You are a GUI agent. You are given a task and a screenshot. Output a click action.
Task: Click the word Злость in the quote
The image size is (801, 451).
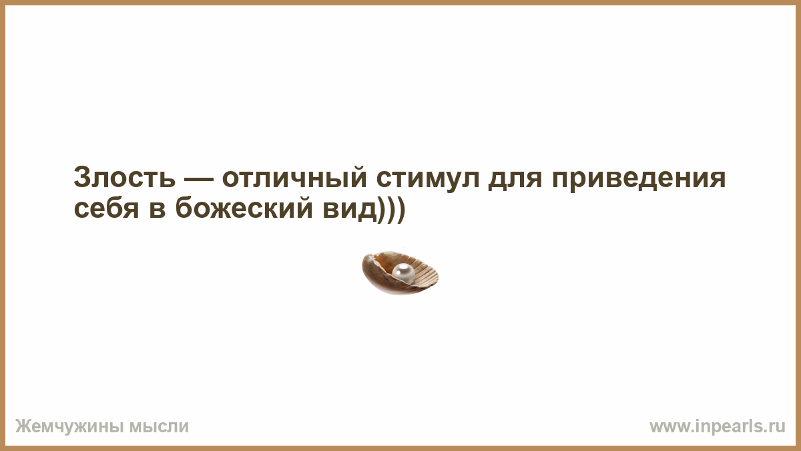pyautogui.click(x=124, y=177)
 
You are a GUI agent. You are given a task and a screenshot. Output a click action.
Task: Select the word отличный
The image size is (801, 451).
pyautogui.click(x=294, y=177)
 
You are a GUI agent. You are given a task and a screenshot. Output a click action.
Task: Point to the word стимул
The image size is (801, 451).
pyautogui.click(x=428, y=178)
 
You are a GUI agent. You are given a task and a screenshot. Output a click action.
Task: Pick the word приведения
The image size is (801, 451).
pyautogui.click(x=639, y=179)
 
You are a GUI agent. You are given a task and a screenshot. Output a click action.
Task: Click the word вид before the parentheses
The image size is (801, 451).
pyautogui.click(x=350, y=209)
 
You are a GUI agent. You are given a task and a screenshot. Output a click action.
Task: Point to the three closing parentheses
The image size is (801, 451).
pyautogui.click(x=391, y=209)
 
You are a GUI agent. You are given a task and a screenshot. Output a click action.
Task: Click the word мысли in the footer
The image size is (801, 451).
pyautogui.click(x=159, y=427)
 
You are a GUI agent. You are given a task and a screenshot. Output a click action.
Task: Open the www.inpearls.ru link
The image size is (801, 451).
pyautogui.click(x=718, y=427)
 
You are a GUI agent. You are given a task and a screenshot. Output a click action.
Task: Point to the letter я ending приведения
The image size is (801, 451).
pyautogui.click(x=717, y=179)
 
